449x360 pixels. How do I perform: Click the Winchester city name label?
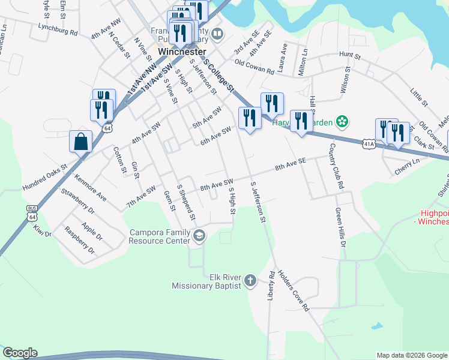coord(182,52)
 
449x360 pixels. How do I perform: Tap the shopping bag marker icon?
coord(81,142)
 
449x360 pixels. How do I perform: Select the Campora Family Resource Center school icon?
coord(199,236)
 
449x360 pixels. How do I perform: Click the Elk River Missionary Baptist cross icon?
coord(250,280)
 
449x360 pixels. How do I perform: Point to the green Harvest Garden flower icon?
coord(342,122)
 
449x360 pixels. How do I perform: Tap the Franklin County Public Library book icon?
coord(217,35)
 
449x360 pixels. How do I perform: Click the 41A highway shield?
coord(369,144)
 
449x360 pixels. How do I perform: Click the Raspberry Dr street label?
coord(80,241)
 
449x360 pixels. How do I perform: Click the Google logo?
coord(20,353)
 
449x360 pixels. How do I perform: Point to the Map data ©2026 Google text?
coord(412,355)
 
